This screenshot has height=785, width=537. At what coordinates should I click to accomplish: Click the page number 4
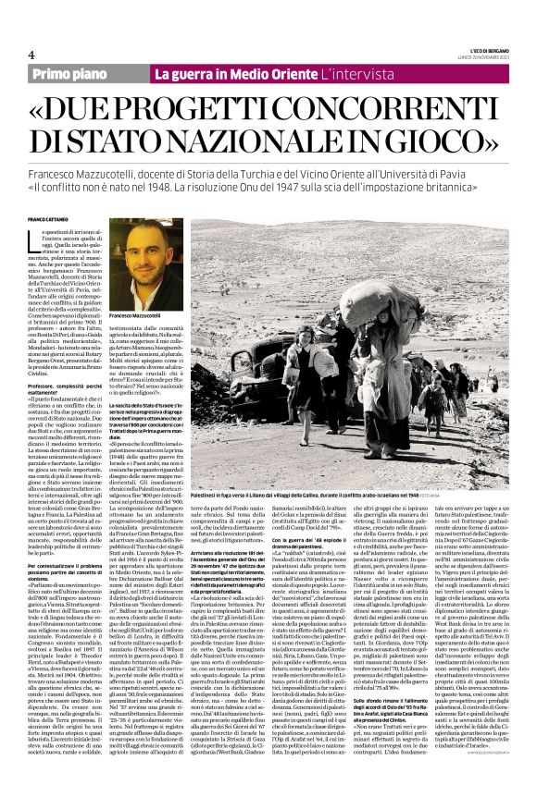pyautogui.click(x=31, y=55)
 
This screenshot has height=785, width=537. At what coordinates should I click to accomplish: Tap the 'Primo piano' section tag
pyautogui.click(x=70, y=73)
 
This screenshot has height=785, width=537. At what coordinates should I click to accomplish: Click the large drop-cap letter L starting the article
pyautogui.click(x=38, y=239)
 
